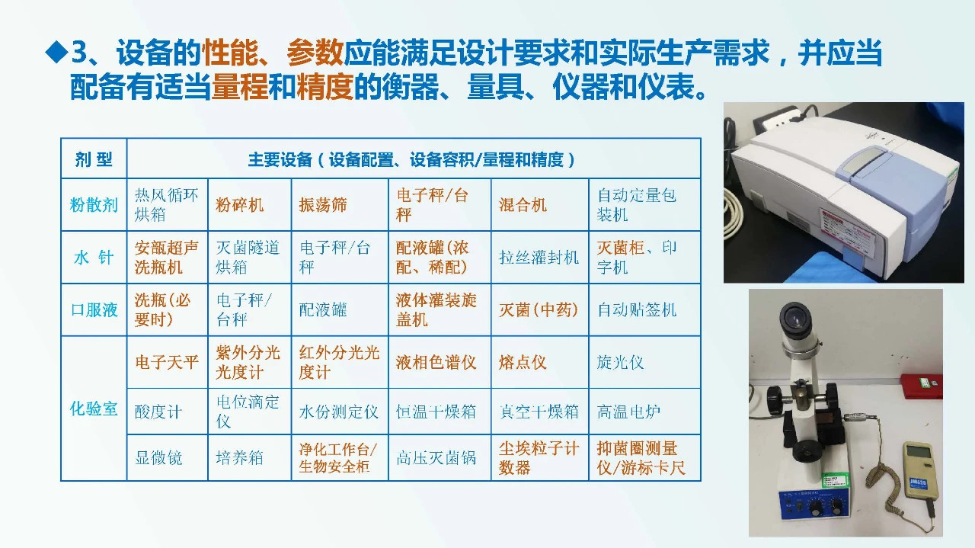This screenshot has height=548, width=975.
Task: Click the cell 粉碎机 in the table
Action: tap(240, 205)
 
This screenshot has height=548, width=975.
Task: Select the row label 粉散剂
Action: tap(94, 205)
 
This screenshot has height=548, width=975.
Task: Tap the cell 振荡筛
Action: tap(323, 205)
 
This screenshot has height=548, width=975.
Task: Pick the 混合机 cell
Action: tap(523, 205)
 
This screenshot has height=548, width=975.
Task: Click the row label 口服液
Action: tap(94, 310)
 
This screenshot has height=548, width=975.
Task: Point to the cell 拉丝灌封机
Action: tap(539, 258)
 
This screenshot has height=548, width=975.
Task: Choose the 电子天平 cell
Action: tap(166, 362)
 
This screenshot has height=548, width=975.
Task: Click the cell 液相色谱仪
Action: tap(436, 362)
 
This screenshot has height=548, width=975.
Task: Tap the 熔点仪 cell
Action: tap(523, 362)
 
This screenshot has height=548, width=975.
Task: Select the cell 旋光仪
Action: tap(620, 362)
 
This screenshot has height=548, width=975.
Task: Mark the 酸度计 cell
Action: tap(158, 412)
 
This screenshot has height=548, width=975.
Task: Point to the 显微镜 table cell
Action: tap(158, 457)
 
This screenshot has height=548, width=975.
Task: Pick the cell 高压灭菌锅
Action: tap(436, 457)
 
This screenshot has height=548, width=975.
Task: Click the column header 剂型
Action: tap(94, 159)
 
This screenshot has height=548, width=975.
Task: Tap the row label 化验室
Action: tap(94, 409)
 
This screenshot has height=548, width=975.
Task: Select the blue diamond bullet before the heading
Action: tap(56, 53)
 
